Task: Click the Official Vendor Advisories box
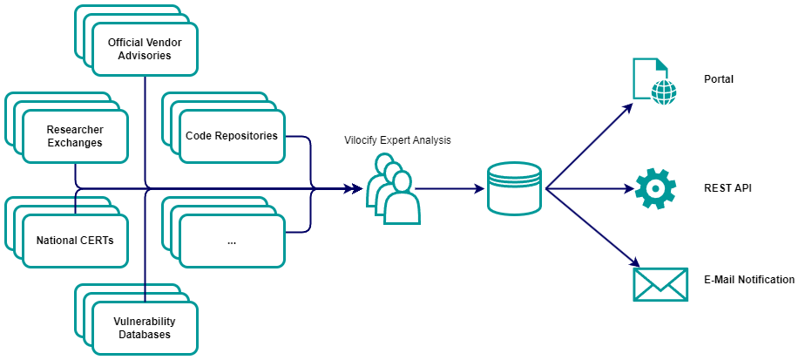(145, 49)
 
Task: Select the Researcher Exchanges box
(75, 136)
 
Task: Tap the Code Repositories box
(232, 136)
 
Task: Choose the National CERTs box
(75, 241)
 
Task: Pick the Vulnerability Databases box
(145, 328)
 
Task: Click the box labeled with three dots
(232, 241)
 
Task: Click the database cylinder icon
(514, 188)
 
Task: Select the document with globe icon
(653, 81)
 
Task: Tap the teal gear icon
(655, 188)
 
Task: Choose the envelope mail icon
(660, 284)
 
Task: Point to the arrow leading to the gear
(592, 188)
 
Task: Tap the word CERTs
(98, 241)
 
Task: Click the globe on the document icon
(664, 92)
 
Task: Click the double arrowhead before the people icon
(353, 188)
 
